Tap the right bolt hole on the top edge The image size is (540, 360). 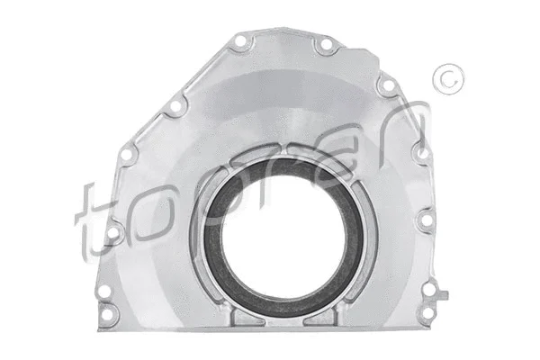tap(326, 45)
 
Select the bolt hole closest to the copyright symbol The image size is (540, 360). tap(387, 85)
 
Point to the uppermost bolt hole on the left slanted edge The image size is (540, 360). tap(177, 106)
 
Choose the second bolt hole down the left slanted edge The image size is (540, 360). tap(129, 155)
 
